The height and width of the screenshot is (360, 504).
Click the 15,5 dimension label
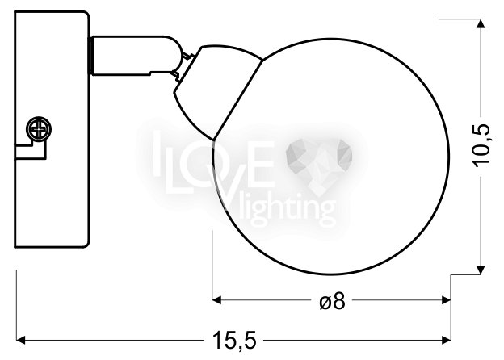[x=234, y=341]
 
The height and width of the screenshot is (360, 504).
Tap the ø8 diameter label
[x=332, y=301]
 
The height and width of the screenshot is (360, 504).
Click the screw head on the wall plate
[x=39, y=129]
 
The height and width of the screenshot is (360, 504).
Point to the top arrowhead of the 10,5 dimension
[x=481, y=23]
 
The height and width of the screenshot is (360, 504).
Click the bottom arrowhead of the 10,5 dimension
[x=481, y=270]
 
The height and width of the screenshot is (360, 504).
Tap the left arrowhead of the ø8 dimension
[x=217, y=300]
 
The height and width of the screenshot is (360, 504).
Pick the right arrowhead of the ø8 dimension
[x=446, y=300]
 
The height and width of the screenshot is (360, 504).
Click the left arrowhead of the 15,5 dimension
[x=21, y=340]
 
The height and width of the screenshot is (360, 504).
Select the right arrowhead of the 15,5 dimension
[x=446, y=340]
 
